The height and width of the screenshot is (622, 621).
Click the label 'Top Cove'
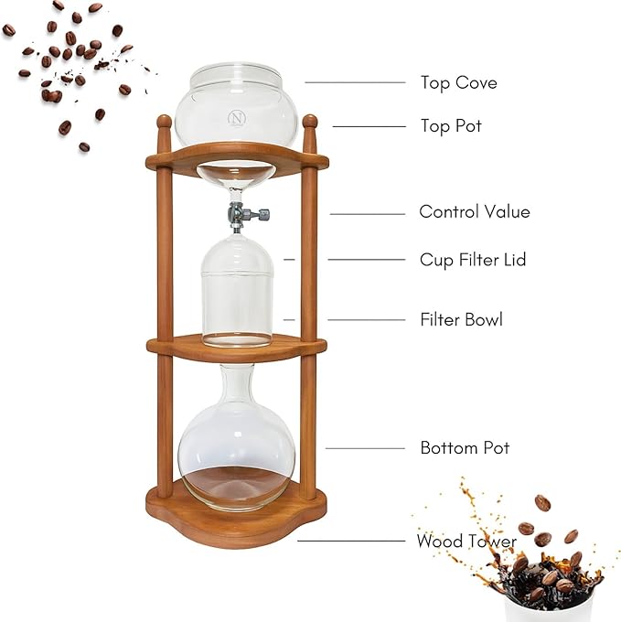pos(458,83)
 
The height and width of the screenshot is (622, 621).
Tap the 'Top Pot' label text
pos(450,126)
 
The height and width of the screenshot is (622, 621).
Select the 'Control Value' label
pos(474,212)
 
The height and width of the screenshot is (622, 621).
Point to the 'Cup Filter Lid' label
pos(473,261)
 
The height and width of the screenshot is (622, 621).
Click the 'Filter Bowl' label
pos(461,320)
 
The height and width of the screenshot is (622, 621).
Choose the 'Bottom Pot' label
pos(465,448)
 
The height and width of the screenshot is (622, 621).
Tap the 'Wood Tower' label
pos(466,542)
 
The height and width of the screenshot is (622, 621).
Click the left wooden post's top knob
pos(164,122)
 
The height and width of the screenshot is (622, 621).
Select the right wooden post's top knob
pos(309,122)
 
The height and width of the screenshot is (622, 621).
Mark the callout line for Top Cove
pos(355,82)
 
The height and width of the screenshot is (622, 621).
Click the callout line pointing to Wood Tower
pos(352,541)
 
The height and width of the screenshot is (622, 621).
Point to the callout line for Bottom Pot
pos(365,448)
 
